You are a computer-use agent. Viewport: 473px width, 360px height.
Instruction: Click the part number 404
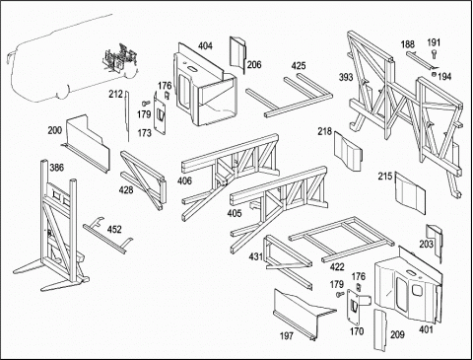tap(205, 46)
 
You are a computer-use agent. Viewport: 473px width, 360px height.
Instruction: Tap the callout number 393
tap(346, 77)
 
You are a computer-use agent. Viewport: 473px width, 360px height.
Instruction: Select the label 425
tap(299, 66)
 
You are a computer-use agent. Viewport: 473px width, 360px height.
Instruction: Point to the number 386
tap(56, 168)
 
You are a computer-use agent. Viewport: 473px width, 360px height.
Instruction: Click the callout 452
tap(114, 229)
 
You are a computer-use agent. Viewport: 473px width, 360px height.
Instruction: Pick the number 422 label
tap(337, 267)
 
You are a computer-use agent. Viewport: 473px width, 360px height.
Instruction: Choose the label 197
tap(287, 336)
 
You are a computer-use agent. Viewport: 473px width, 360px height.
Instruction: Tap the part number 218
tap(324, 131)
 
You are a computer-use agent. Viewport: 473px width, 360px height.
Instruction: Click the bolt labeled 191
tap(435, 54)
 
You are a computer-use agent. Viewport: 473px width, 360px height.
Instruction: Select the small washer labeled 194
tap(435, 75)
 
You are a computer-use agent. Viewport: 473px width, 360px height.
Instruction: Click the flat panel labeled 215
tap(410, 193)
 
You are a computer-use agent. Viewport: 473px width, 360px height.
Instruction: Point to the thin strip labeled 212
tap(127, 115)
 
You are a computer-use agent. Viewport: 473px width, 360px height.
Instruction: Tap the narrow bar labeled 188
tap(421, 60)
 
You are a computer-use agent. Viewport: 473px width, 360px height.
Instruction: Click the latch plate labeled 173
tap(160, 115)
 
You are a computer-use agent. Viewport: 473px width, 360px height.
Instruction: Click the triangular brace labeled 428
tap(143, 180)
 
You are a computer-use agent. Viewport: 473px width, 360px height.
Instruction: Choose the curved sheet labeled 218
tap(348, 151)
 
